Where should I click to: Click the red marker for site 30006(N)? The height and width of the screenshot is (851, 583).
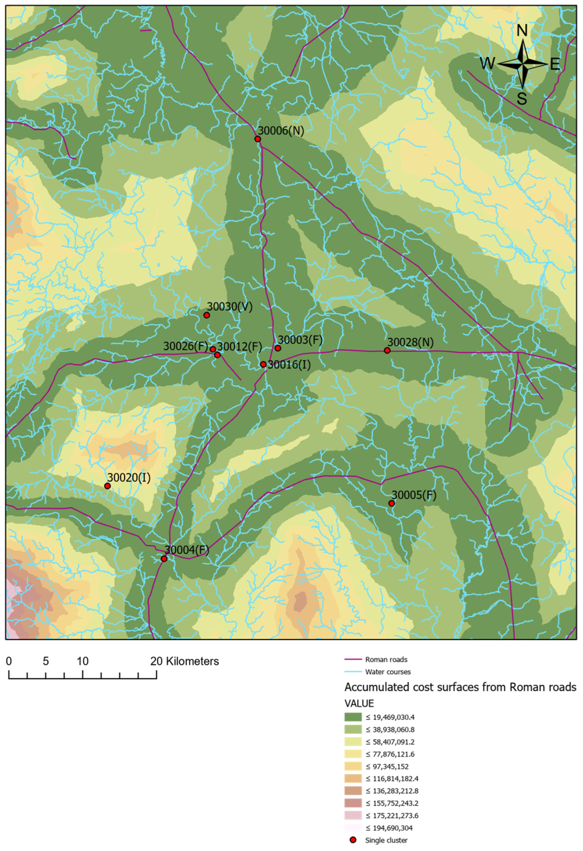pyautogui.click(x=258, y=139)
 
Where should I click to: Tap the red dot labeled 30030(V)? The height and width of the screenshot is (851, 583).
pyautogui.click(x=207, y=315)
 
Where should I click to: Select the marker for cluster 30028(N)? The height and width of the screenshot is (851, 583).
pyautogui.click(x=387, y=350)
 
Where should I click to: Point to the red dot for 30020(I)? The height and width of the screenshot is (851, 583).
pyautogui.click(x=107, y=486)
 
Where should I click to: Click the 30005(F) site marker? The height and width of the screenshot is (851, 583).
pyautogui.click(x=392, y=503)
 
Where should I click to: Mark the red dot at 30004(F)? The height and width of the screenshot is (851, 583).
pyautogui.click(x=164, y=559)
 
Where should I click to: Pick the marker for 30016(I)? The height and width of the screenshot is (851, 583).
pyautogui.click(x=263, y=364)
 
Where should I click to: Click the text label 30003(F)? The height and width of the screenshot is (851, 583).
pyautogui.click(x=300, y=340)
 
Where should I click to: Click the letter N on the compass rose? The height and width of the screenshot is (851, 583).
pyautogui.click(x=522, y=31)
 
